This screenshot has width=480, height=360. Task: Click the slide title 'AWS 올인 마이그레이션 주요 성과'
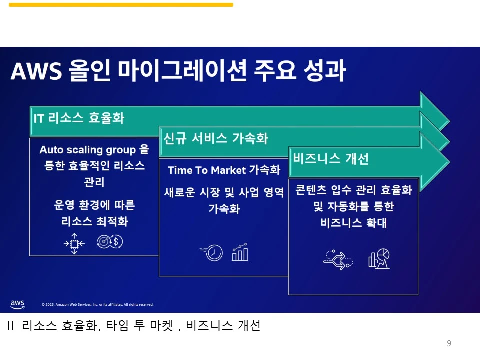pos(178,71)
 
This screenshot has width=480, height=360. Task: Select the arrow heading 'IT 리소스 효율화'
pos(79,118)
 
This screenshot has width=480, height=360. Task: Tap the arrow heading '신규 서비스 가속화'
pos(216,138)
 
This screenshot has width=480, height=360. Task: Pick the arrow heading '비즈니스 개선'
pos(331,159)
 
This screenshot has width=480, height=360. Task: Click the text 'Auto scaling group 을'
pos(94,150)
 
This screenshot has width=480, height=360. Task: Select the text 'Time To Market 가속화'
pos(224,170)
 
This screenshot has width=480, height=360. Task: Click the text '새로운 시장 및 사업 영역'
pos(224,192)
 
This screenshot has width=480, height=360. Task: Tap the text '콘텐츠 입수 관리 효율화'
pos(353,190)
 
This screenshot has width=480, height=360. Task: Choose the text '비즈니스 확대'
pos(353,223)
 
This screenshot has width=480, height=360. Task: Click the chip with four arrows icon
pos(74,243)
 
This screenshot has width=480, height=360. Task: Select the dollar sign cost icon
pos(110,242)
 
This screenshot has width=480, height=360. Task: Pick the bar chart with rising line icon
pos(240,252)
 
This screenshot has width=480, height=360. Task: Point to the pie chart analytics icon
pos(379,258)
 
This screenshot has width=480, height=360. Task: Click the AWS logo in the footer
pos(17,304)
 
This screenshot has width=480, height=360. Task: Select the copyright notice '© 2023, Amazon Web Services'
pos(97,304)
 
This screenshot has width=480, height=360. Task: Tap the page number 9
pos(449,343)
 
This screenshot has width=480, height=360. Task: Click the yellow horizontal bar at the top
pos(121,5)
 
